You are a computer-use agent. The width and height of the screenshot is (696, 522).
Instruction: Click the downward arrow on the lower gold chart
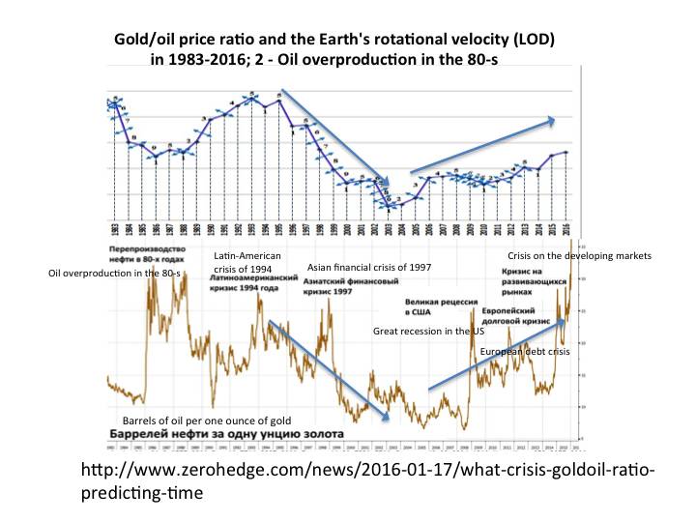[x=329, y=368]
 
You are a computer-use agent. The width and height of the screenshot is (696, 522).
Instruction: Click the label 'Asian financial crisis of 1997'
[x=368, y=267]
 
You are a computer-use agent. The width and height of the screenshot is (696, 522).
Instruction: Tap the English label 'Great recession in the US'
[x=428, y=332]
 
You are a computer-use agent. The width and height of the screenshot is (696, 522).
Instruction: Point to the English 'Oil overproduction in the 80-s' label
[x=116, y=274]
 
